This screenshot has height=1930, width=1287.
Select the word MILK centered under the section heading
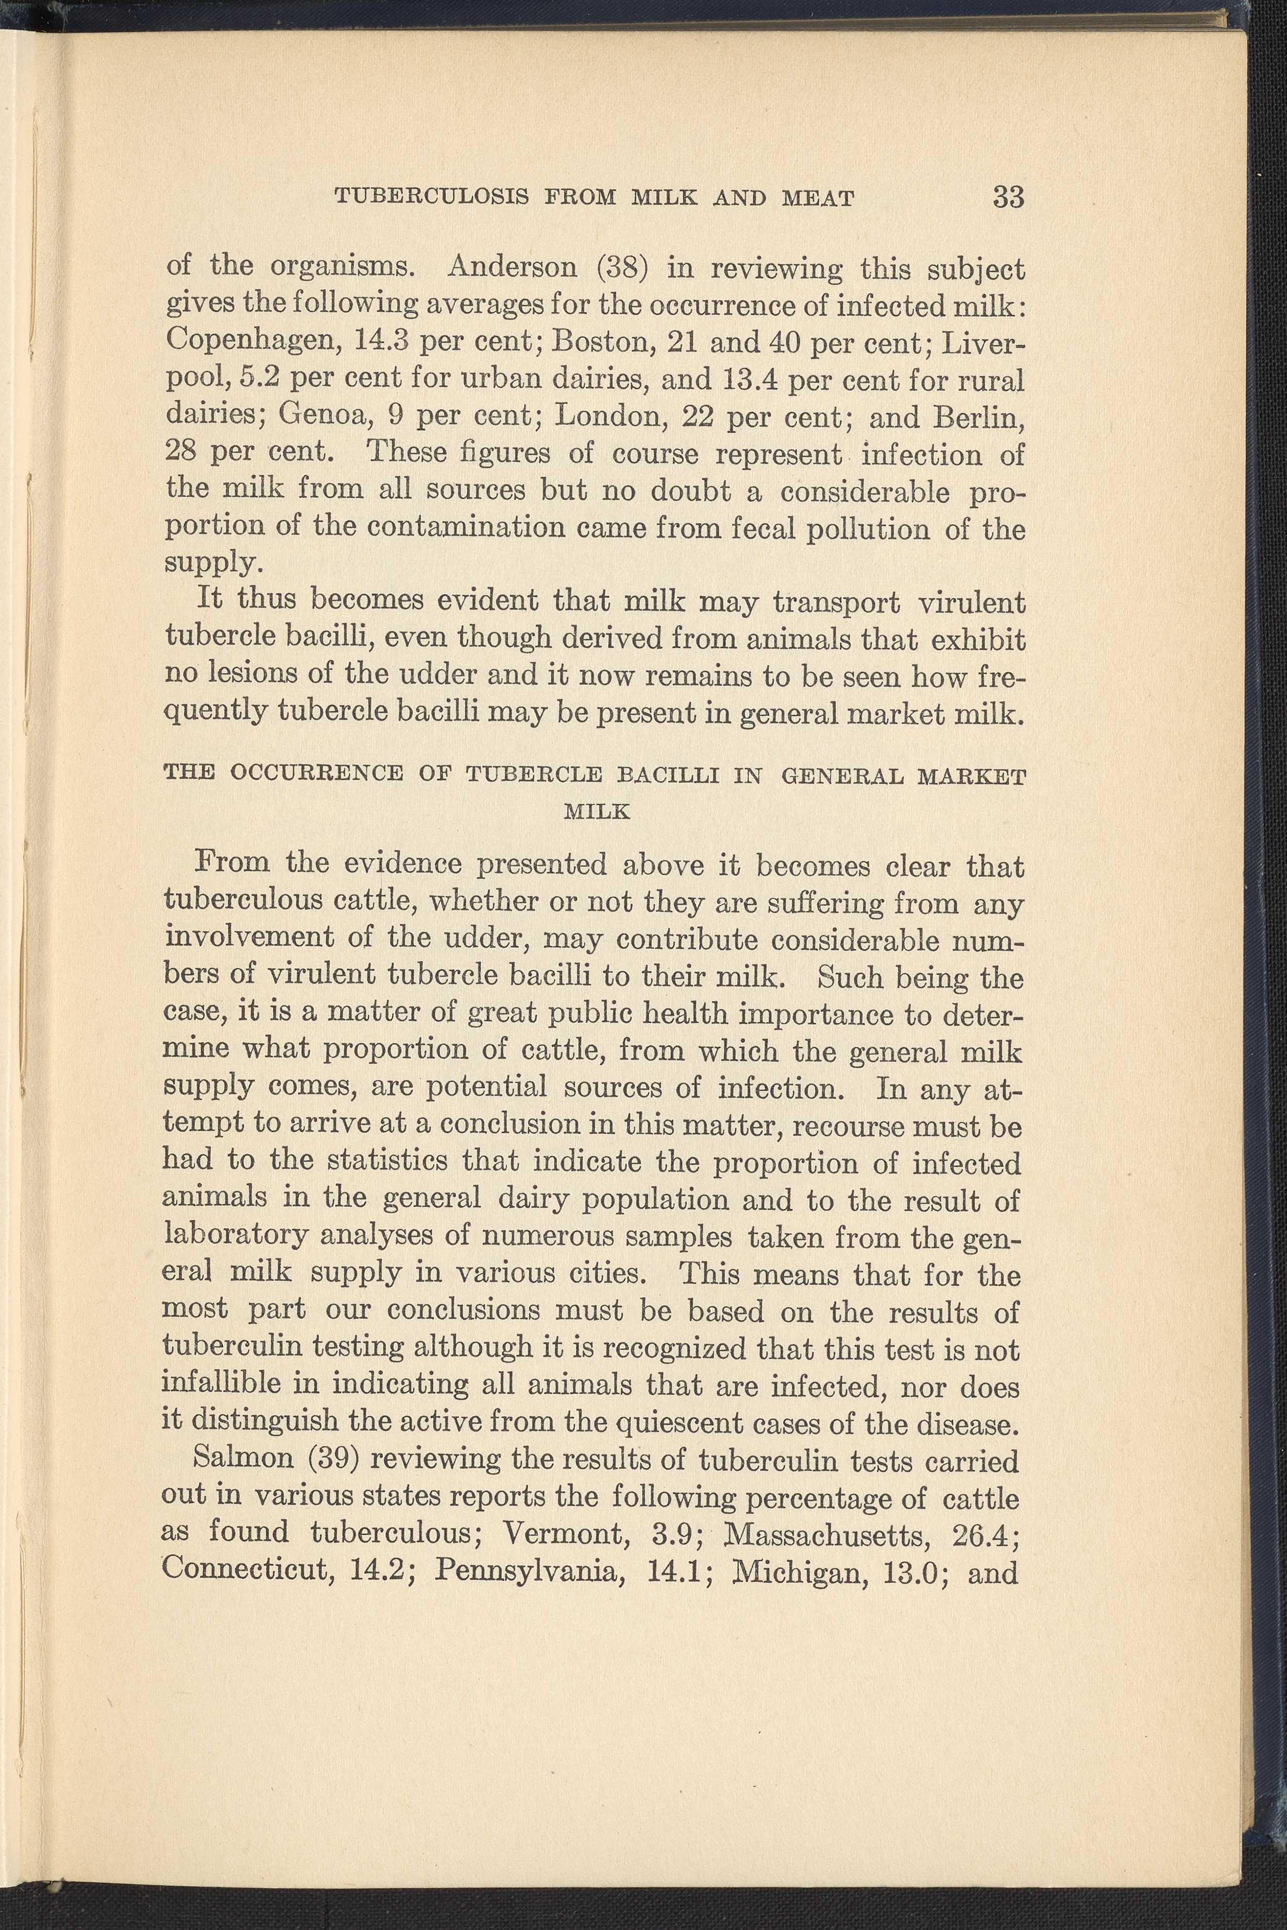click(x=597, y=812)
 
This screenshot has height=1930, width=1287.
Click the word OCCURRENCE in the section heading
click(x=317, y=774)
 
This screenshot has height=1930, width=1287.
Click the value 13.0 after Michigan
click(x=906, y=1569)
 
